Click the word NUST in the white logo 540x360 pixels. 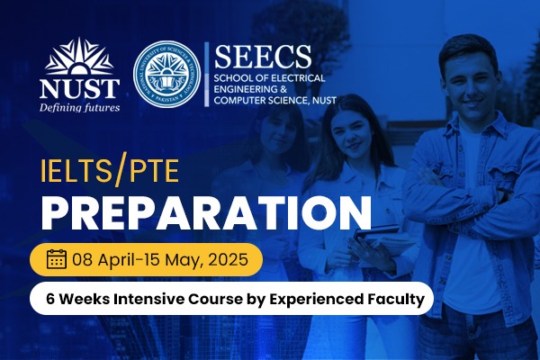click(x=79, y=88)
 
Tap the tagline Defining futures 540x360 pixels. click(x=79, y=107)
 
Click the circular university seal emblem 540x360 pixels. click(x=167, y=74)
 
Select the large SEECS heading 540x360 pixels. click(x=263, y=57)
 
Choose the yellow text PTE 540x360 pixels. click(x=154, y=171)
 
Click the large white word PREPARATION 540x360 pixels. click(x=206, y=213)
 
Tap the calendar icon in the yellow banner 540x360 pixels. click(x=57, y=259)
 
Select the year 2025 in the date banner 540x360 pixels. click(x=228, y=259)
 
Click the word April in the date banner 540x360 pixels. click(x=116, y=260)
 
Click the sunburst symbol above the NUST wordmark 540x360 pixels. click(x=79, y=57)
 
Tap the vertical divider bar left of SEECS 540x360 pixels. click(x=207, y=75)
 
